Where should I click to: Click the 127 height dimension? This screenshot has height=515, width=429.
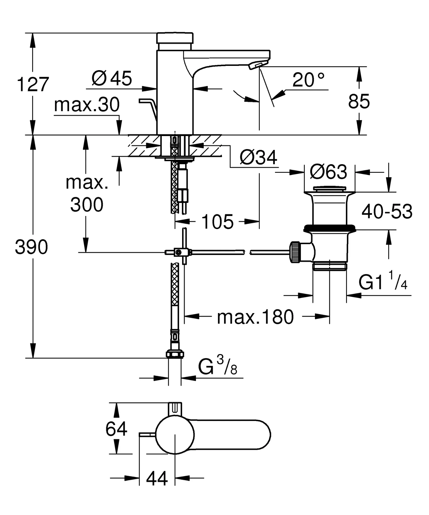pos(32,85)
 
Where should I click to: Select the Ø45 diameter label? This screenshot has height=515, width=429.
pos(112,78)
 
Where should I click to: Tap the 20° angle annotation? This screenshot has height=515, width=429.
pos(308,80)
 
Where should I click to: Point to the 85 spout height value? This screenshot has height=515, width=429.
pos(359,102)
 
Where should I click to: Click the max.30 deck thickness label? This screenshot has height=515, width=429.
pos(87,105)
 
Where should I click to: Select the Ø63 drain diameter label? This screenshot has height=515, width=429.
pos(328,172)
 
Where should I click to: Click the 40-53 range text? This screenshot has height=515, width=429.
pos(387,211)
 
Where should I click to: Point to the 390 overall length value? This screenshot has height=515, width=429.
pos(31,247)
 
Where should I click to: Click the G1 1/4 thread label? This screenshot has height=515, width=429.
pos(383,282)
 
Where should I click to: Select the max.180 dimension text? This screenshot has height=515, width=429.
pos(255,317)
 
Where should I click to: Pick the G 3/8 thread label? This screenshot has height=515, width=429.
pos(218,367)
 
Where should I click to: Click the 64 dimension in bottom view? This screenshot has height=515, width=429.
pos(116,429)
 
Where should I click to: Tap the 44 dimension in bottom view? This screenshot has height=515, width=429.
pos(157,478)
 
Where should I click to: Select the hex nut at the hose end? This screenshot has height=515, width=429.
pos(175,354)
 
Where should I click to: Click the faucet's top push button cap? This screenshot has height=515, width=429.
pos(175,38)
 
